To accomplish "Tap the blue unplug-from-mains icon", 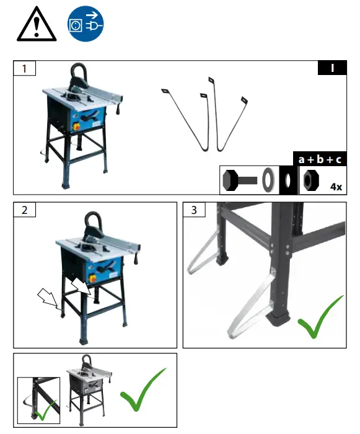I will point(85,24).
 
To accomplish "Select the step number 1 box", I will point(25,68).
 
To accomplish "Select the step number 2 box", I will point(25,210).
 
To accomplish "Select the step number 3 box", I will point(194,210).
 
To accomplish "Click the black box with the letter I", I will point(332,68).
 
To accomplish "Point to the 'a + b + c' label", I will point(320,159).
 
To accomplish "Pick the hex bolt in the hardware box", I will point(240,180).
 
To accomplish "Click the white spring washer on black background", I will point(289,180).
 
